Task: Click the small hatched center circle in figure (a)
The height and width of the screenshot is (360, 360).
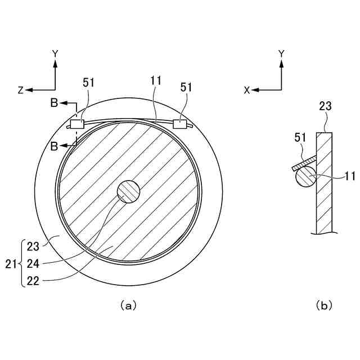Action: tap(128, 191)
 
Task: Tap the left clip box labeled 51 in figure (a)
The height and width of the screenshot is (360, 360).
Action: tap(76, 124)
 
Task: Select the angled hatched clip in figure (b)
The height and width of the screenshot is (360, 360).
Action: tap(304, 163)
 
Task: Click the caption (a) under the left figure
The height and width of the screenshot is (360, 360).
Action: tap(128, 305)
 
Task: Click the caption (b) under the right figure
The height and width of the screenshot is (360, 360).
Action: tap(324, 305)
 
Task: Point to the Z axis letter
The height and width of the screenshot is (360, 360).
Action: tap(20, 90)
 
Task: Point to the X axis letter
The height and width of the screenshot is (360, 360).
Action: tap(246, 90)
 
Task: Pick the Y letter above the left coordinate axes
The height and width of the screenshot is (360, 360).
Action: tap(55, 53)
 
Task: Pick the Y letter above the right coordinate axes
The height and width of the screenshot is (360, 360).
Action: tap(281, 53)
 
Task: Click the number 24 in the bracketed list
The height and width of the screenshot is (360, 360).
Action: tap(33, 263)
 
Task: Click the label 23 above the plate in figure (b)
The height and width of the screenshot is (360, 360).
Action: tap(325, 106)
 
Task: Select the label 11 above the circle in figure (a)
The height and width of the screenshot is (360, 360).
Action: tap(156, 81)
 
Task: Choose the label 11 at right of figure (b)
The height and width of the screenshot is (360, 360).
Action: tap(349, 176)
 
